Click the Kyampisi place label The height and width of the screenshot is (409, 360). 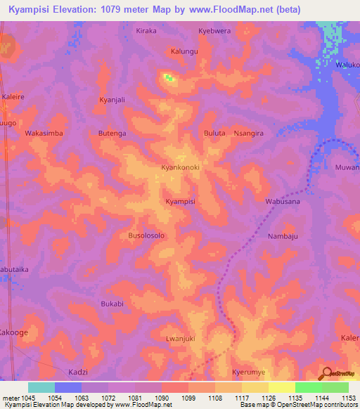click(180, 202)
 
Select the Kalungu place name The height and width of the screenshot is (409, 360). click(184, 51)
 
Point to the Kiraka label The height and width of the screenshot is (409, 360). click(146, 31)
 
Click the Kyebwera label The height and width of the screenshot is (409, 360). click(214, 31)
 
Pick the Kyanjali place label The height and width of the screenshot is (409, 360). click(112, 100)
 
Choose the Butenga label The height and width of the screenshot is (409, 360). click(112, 133)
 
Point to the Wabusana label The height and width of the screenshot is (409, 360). click(282, 202)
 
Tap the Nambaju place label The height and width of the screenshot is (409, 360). click(283, 236)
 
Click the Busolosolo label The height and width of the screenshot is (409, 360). click(146, 236)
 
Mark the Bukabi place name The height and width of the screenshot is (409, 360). click(112, 304)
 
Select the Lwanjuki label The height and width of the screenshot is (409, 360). click(180, 339)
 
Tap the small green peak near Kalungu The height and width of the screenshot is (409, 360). click(169, 78)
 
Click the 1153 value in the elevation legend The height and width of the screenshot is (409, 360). click(349, 397)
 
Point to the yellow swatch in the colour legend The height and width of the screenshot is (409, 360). click(281, 387)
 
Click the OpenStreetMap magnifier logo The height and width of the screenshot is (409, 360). click(326, 373)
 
